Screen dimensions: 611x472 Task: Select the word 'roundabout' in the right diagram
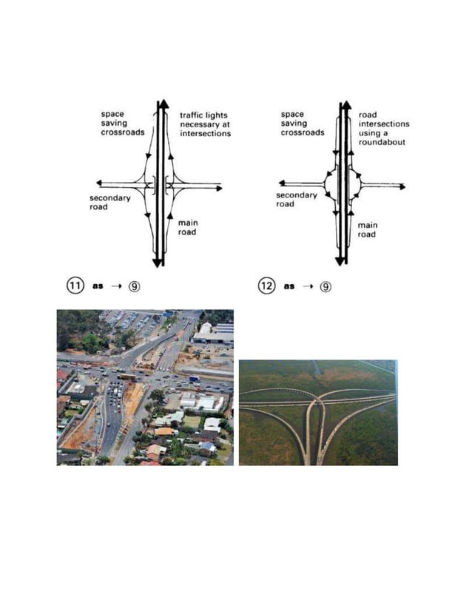(x=382, y=142)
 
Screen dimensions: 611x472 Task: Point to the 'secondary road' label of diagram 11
(x=109, y=203)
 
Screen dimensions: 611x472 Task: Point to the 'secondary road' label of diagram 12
(x=296, y=200)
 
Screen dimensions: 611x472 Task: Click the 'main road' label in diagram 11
(x=187, y=227)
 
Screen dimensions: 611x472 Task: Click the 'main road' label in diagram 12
(x=367, y=229)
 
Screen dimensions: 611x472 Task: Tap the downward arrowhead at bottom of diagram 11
(x=157, y=262)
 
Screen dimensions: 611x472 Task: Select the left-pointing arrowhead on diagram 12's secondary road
(x=282, y=182)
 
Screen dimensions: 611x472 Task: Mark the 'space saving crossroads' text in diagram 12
(x=302, y=124)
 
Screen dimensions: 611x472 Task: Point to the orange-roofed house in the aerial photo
(x=165, y=431)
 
